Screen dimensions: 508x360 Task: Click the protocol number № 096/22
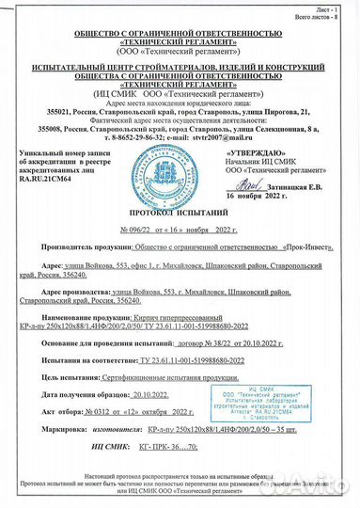(x=136, y=229)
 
